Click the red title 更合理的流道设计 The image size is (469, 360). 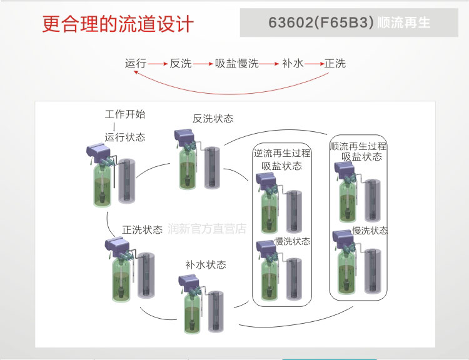pyautogui.click(x=118, y=24)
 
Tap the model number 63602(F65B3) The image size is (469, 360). pyautogui.click(x=321, y=22)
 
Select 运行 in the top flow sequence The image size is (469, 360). pyautogui.click(x=136, y=63)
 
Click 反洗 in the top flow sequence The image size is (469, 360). pyautogui.click(x=181, y=63)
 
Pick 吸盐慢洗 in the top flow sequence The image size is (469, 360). pyautogui.click(x=236, y=63)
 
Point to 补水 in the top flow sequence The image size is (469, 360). pyautogui.click(x=293, y=63)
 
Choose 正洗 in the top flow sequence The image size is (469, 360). pyautogui.click(x=335, y=63)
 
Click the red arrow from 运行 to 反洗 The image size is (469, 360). pyautogui.click(x=158, y=64)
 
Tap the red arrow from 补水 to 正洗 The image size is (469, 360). pyautogui.click(x=315, y=64)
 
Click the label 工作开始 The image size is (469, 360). pyautogui.click(x=125, y=114)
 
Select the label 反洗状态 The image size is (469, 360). pyautogui.click(x=213, y=119)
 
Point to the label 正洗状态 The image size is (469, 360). pyautogui.click(x=142, y=229)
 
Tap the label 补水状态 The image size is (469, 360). pyautogui.click(x=206, y=264)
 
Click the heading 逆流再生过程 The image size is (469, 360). pyautogui.click(x=282, y=153)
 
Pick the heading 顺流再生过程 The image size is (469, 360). pyautogui.click(x=358, y=146)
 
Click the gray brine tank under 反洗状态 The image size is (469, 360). pyautogui.click(x=212, y=167)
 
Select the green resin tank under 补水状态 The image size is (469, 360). pyautogui.click(x=192, y=312)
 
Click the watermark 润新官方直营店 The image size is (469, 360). pyautogui.click(x=207, y=229)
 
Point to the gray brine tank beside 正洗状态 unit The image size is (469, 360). pyautogui.click(x=146, y=276)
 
